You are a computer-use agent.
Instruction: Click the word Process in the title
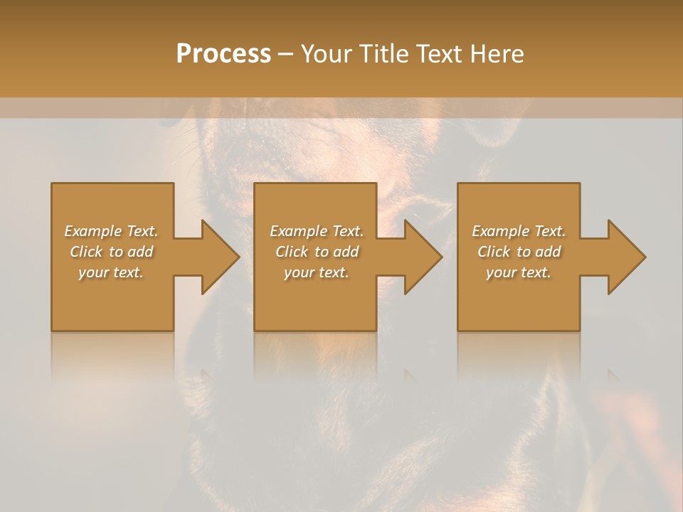point(223,54)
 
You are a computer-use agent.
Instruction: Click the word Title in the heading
point(381,54)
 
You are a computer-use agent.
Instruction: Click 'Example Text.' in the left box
point(111,231)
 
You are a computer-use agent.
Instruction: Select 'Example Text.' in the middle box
point(316,231)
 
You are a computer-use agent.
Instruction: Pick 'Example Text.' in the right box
point(519,231)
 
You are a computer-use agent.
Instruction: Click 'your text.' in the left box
point(111,272)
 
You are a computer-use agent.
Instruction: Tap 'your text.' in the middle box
point(316,272)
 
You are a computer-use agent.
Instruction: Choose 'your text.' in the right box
point(519,272)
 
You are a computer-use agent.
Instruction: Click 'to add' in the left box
point(132,252)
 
